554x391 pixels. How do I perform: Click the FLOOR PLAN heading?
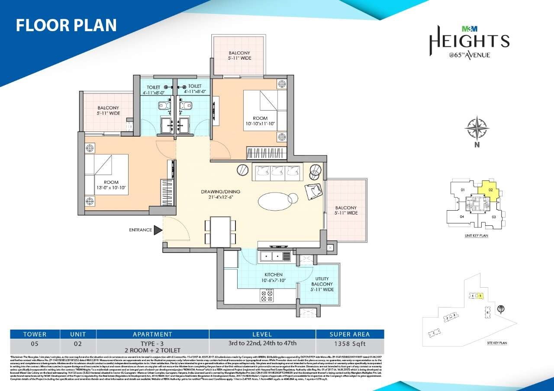point(66,25)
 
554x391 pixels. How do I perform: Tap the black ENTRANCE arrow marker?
point(158,230)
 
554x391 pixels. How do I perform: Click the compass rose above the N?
point(477,128)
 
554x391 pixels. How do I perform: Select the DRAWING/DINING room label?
point(220,195)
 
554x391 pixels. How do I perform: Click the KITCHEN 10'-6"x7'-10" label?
point(274,278)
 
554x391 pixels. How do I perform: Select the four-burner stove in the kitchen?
point(266,295)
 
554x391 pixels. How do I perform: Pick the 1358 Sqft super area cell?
point(350,344)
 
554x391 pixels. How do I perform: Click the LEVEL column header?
point(262,334)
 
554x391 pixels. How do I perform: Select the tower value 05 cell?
point(35,344)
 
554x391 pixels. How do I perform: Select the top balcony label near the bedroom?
point(240,55)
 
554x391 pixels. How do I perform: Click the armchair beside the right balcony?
point(313,190)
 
